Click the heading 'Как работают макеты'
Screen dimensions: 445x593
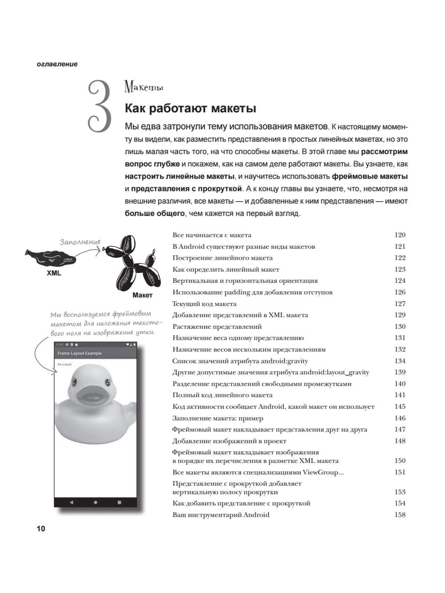(x=191, y=108)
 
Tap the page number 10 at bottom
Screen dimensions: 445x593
(x=41, y=529)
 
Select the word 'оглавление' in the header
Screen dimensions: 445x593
(x=57, y=64)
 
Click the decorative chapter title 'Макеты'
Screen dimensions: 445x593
(x=144, y=87)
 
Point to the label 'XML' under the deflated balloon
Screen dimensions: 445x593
(x=54, y=273)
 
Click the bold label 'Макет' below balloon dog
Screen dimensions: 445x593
(x=142, y=295)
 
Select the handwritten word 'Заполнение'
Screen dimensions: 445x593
(x=80, y=242)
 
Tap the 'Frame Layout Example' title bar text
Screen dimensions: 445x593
(x=79, y=353)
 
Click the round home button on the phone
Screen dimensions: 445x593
(x=95, y=502)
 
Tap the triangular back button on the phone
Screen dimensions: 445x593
(x=72, y=502)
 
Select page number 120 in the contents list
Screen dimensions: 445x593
(x=400, y=235)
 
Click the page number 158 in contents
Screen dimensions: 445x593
(x=400, y=515)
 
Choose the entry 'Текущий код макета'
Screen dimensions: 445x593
(x=204, y=304)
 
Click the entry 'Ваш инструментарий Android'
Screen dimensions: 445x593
(x=221, y=515)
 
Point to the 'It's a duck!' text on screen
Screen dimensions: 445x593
(x=65, y=364)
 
